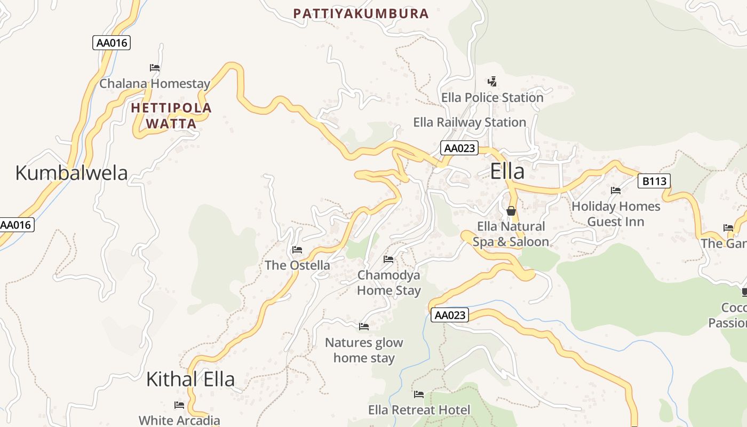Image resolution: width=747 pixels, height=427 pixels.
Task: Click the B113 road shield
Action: tap(654, 181)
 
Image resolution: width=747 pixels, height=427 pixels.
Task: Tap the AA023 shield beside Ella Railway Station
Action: tap(459, 148)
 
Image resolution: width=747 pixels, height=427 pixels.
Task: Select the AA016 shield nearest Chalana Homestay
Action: tap(112, 43)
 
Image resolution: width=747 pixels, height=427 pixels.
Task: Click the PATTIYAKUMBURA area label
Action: tap(361, 14)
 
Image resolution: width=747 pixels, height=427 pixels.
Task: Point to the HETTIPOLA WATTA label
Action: tap(171, 116)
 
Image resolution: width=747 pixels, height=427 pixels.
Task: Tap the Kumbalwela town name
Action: tap(71, 173)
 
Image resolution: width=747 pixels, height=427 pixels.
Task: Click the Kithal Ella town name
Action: tap(190, 379)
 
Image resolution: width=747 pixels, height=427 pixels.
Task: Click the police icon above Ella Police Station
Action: tap(492, 82)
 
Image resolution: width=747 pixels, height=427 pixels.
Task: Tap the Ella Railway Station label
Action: tap(470, 122)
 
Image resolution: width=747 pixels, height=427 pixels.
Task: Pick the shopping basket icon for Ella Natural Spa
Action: tap(511, 211)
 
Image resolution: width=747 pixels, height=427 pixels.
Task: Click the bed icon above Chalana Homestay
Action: tap(155, 68)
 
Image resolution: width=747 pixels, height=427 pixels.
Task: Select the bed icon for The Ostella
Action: tap(297, 250)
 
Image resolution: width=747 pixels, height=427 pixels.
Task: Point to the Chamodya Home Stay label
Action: tap(388, 283)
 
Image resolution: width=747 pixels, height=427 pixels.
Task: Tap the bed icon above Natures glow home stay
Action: tap(364, 327)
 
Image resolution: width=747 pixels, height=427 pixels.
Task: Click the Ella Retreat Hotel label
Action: tap(419, 410)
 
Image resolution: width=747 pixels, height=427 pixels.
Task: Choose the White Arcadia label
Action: tap(179, 420)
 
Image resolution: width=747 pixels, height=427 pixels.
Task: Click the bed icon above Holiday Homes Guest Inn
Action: tap(616, 191)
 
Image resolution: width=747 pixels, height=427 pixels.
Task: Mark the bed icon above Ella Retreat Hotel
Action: tap(419, 394)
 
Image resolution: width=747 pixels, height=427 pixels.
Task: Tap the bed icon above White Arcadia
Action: tap(179, 405)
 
